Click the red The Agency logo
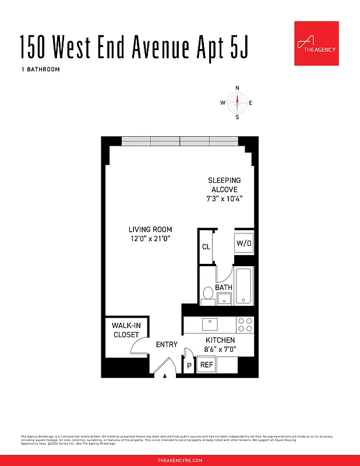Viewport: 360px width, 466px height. click(x=316, y=44)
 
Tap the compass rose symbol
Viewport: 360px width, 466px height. click(x=237, y=103)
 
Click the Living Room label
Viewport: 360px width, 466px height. click(x=150, y=230)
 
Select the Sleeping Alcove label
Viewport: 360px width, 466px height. click(x=224, y=185)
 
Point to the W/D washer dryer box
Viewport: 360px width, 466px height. click(x=244, y=243)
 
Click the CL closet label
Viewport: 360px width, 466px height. click(x=206, y=247)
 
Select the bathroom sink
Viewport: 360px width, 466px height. click(x=224, y=299)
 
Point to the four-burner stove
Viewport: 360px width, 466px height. click(x=245, y=324)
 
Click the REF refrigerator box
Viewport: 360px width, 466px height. click(x=206, y=365)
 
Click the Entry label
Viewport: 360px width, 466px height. click(x=167, y=345)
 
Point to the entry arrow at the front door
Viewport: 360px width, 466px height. click(x=166, y=376)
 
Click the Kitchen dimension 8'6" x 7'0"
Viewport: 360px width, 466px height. click(x=220, y=349)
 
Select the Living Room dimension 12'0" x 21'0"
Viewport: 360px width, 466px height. click(x=150, y=239)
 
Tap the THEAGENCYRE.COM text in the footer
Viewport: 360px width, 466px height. click(x=180, y=460)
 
